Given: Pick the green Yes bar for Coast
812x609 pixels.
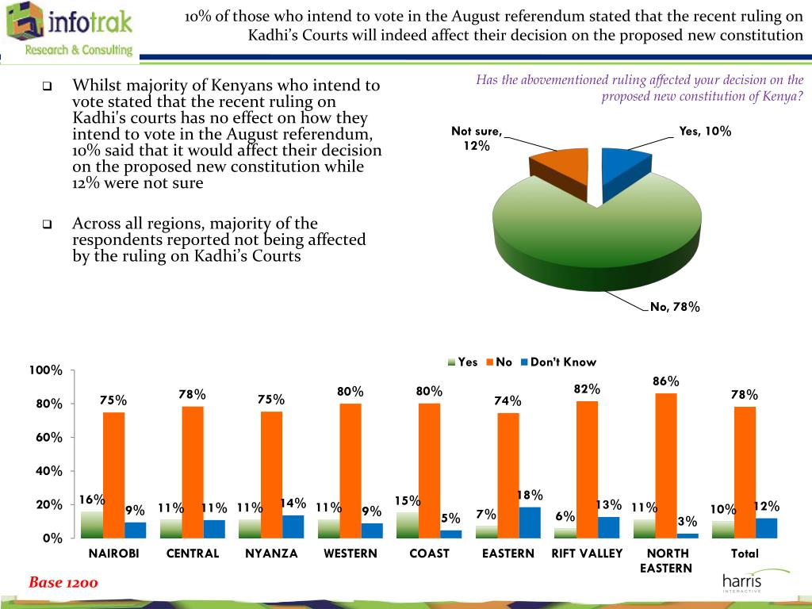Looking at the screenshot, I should [x=407, y=524].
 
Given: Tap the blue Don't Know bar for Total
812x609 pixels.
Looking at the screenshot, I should [x=766, y=527].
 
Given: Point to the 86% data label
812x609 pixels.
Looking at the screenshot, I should [x=666, y=381].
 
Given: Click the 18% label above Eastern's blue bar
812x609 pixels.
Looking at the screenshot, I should [x=530, y=496].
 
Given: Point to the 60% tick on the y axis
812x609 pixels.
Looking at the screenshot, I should [x=48, y=438].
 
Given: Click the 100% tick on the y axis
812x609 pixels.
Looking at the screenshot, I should [x=45, y=370].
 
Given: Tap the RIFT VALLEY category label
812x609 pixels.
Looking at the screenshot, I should [x=587, y=553].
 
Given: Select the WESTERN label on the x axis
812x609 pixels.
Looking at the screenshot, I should [x=350, y=553].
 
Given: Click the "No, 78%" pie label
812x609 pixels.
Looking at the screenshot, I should [x=675, y=308].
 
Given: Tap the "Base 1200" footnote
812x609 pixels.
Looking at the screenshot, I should [x=63, y=583].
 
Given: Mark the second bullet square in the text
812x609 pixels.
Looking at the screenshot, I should [x=47, y=224].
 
